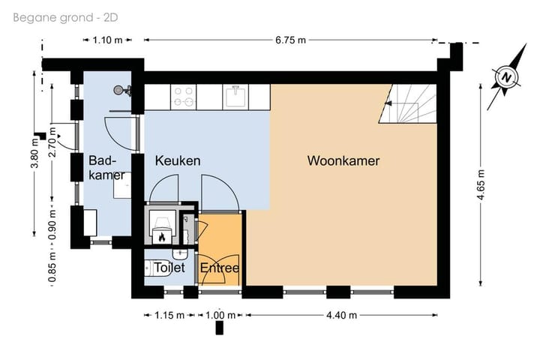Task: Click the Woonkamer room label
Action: [343, 160]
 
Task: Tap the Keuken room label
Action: [178, 160]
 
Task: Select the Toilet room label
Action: [169, 268]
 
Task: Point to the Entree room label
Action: [220, 268]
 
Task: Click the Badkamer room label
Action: [102, 167]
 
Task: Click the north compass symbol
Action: [507, 76]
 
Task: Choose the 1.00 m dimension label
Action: [220, 315]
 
